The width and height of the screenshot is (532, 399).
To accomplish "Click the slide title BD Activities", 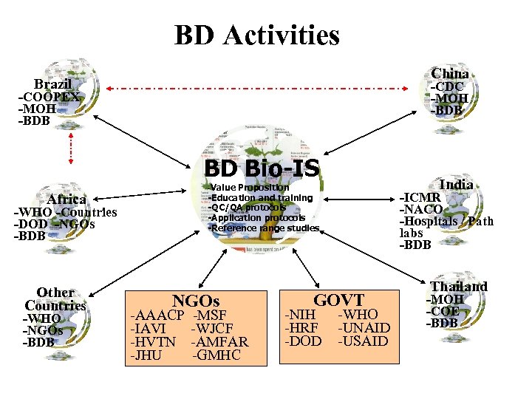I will click(x=256, y=35).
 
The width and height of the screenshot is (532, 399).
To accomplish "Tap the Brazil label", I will click(x=52, y=84).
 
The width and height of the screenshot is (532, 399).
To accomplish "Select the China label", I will click(x=449, y=73).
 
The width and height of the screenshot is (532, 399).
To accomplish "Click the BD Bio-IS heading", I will click(x=262, y=168).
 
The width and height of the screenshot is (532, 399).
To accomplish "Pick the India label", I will click(x=456, y=184).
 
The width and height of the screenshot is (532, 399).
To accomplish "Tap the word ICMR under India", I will click(x=420, y=197).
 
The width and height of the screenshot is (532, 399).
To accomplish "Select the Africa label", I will click(x=66, y=199).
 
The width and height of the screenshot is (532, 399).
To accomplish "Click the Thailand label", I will click(x=458, y=286).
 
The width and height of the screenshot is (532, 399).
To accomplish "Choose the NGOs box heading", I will click(x=196, y=301).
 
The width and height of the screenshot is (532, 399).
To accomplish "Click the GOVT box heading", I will click(x=338, y=299).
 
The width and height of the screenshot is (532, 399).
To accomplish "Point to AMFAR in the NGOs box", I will click(x=219, y=341).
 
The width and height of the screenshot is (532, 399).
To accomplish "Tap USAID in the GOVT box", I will click(x=364, y=341).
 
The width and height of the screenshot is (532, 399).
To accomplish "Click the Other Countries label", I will click(x=55, y=299).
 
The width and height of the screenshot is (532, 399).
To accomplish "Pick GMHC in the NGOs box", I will click(x=217, y=355).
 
